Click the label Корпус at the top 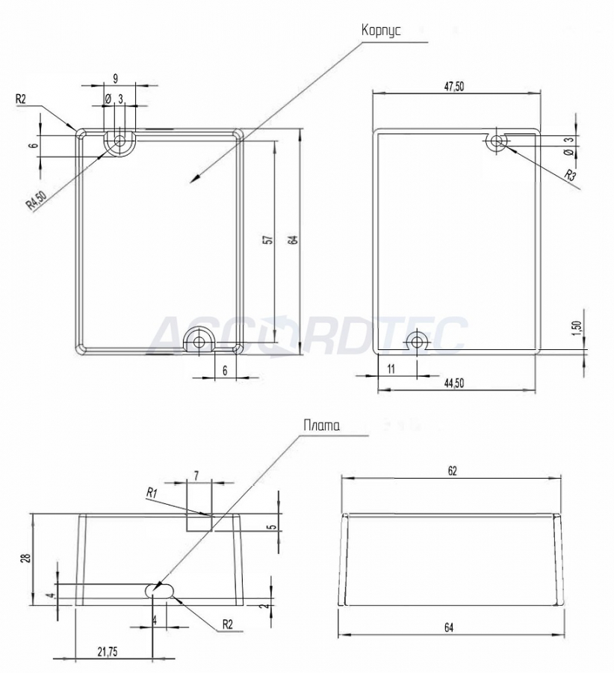(381, 31)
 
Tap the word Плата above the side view (322, 425)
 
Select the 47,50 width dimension (453, 86)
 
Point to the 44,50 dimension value (453, 384)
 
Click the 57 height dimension (269, 240)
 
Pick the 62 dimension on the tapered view (453, 471)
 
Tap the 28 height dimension (27, 558)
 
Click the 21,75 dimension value (108, 652)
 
